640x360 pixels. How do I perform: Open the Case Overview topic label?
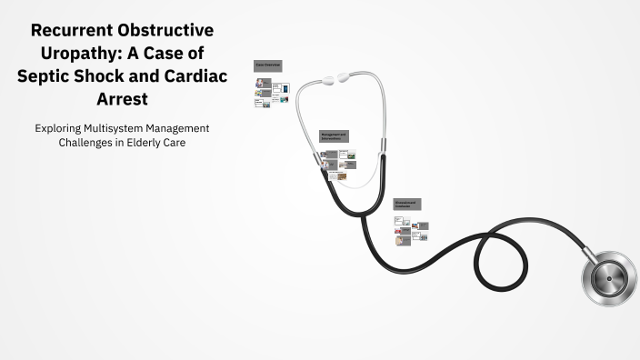[268, 65]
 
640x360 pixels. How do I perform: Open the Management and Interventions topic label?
[334, 136]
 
